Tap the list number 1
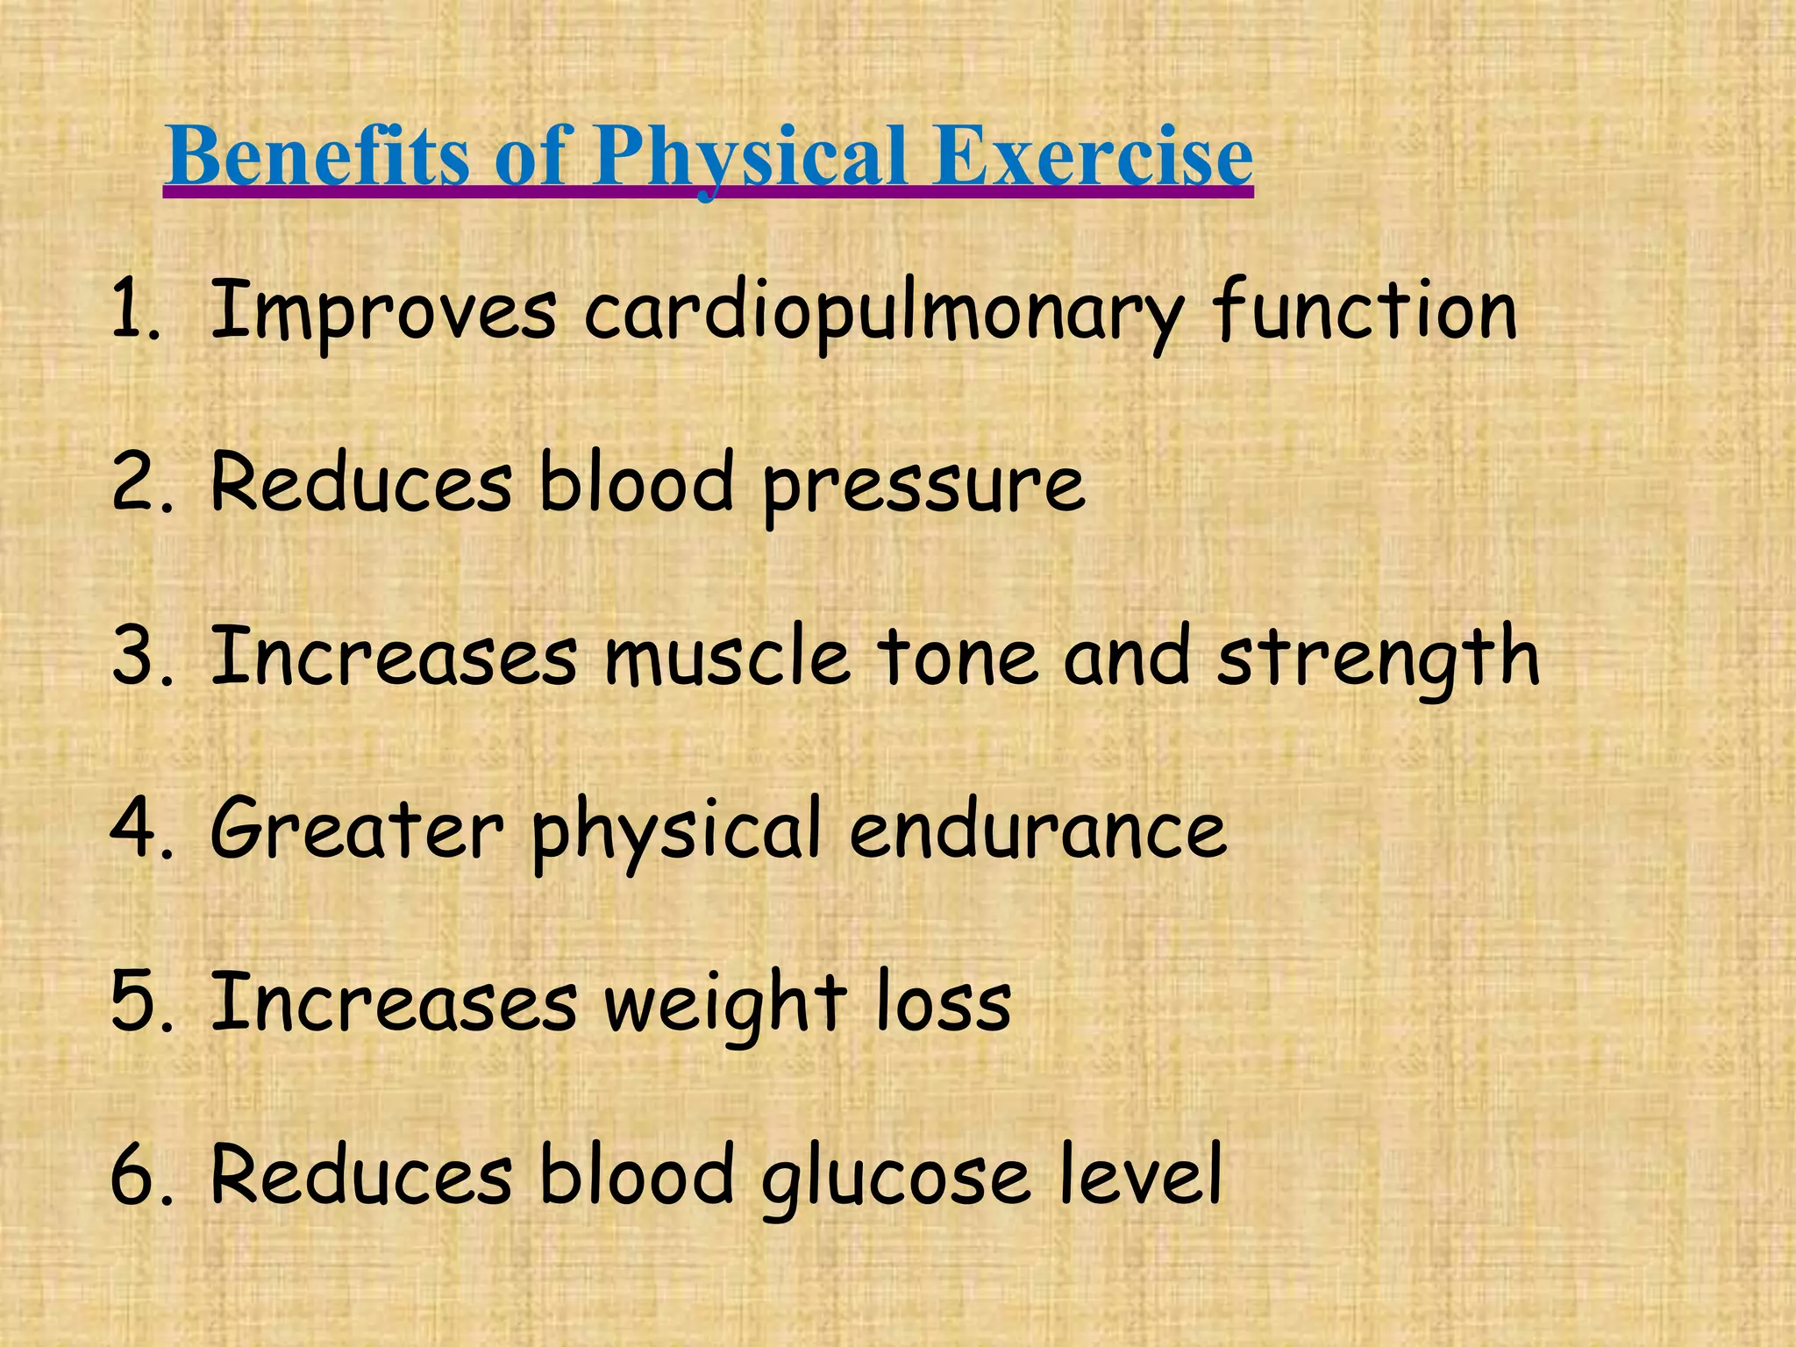[x=132, y=310]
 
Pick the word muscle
[x=727, y=657]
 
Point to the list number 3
[x=136, y=657]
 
